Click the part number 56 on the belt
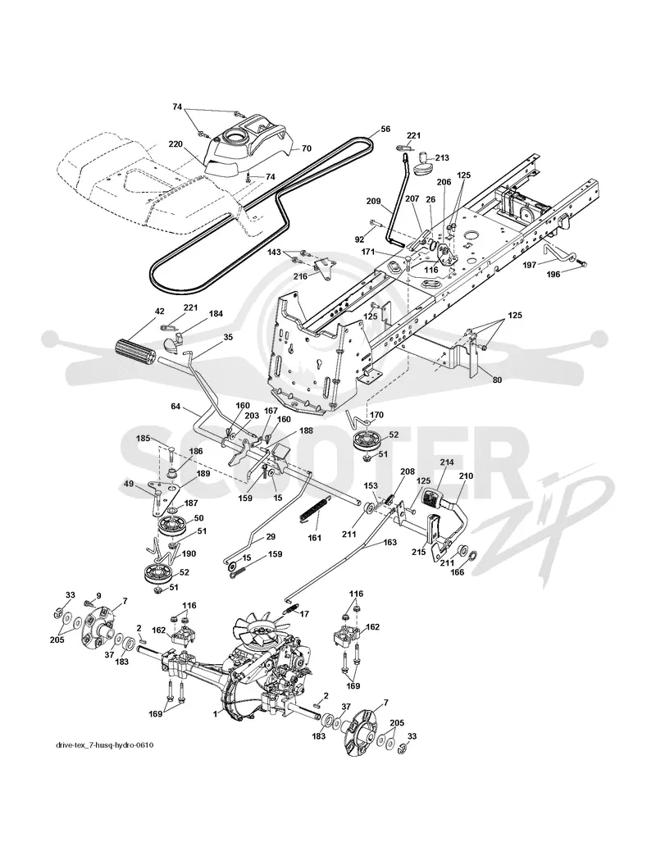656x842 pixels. tap(385, 129)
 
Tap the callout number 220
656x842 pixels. tap(175, 144)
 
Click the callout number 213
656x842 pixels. tap(442, 158)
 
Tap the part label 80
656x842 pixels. tap(497, 380)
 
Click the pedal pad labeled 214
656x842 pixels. tap(431, 498)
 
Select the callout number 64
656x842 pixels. tap(175, 406)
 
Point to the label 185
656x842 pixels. tap(143, 439)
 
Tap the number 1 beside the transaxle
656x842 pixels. tap(215, 713)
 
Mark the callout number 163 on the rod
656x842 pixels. tap(389, 543)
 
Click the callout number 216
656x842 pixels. tap(300, 276)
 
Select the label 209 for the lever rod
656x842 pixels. tap(374, 202)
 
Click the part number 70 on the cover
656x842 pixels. tap(306, 148)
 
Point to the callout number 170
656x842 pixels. tap(377, 414)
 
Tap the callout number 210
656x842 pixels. tap(465, 476)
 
